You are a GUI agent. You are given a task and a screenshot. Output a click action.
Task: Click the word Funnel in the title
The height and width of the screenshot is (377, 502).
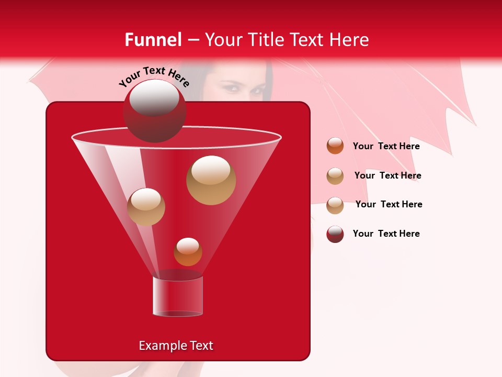153,40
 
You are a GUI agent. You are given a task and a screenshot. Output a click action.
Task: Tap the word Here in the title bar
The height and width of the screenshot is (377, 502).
350,40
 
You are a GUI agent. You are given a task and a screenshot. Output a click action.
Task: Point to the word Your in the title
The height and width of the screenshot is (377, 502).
223,40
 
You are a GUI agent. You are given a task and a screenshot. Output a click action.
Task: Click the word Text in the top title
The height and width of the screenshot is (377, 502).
310,40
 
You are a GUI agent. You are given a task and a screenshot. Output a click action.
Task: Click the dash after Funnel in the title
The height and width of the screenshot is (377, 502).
192,40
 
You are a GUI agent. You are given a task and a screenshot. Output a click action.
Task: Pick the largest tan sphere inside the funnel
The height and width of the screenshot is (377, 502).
211,180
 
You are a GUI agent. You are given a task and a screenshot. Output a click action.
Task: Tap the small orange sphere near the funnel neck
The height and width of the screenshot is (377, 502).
188,252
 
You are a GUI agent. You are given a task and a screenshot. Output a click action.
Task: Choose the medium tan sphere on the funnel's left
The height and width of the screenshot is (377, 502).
146,207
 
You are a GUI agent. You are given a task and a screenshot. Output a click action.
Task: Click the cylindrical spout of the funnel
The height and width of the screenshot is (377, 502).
178,296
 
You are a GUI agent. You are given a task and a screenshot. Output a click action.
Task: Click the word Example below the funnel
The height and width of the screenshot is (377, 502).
159,346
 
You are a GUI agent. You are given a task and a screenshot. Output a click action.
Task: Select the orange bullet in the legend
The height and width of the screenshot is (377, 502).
335,146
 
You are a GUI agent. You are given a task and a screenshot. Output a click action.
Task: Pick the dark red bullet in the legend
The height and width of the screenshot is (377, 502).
335,234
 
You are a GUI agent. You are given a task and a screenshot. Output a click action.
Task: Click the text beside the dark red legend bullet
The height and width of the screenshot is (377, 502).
386,234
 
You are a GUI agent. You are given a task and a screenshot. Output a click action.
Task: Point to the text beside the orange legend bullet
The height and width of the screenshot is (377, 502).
386,146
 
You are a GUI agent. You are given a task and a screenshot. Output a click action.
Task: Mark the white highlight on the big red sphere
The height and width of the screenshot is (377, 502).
154,97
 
